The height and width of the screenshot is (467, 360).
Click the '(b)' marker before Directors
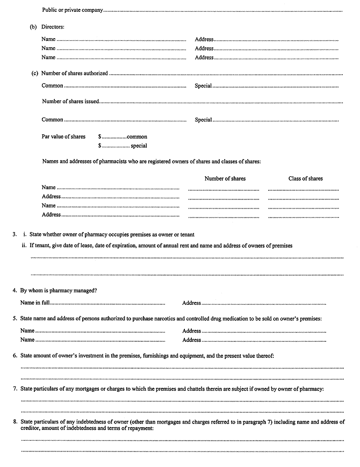click(33, 26)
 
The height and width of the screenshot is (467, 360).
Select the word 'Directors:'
click(53, 26)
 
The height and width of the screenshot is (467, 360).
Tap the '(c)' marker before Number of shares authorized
click(34, 73)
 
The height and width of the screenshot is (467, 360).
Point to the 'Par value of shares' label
click(63, 136)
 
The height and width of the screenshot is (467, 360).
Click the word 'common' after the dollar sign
click(136, 137)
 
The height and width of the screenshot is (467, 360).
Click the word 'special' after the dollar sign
click(139, 146)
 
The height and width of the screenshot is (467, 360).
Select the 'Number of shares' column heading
click(225, 178)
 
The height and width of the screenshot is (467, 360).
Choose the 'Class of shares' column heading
click(306, 178)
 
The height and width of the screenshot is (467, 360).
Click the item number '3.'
click(15, 234)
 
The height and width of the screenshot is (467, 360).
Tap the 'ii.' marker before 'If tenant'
click(24, 246)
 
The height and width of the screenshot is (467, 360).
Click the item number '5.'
click(15, 319)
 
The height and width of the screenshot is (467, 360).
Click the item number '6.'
click(15, 356)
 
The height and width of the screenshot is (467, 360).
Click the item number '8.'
click(15, 422)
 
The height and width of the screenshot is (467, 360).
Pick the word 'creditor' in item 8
click(31, 428)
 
